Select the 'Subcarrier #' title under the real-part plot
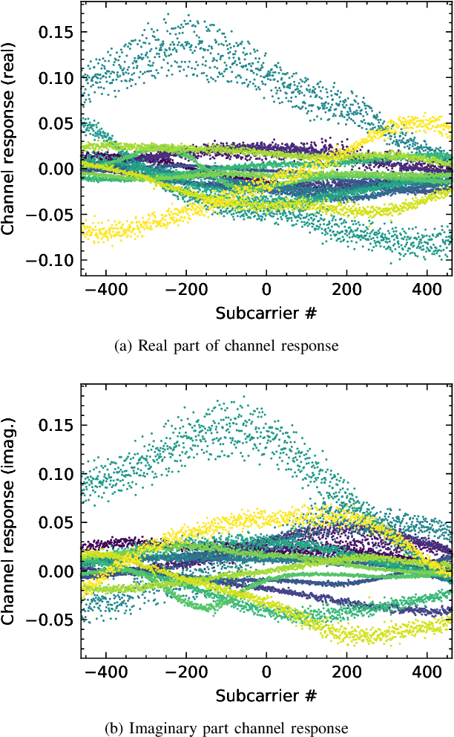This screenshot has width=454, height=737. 266,313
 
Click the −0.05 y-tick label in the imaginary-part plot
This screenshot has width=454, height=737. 52,620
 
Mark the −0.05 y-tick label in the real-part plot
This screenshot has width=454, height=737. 52,214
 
